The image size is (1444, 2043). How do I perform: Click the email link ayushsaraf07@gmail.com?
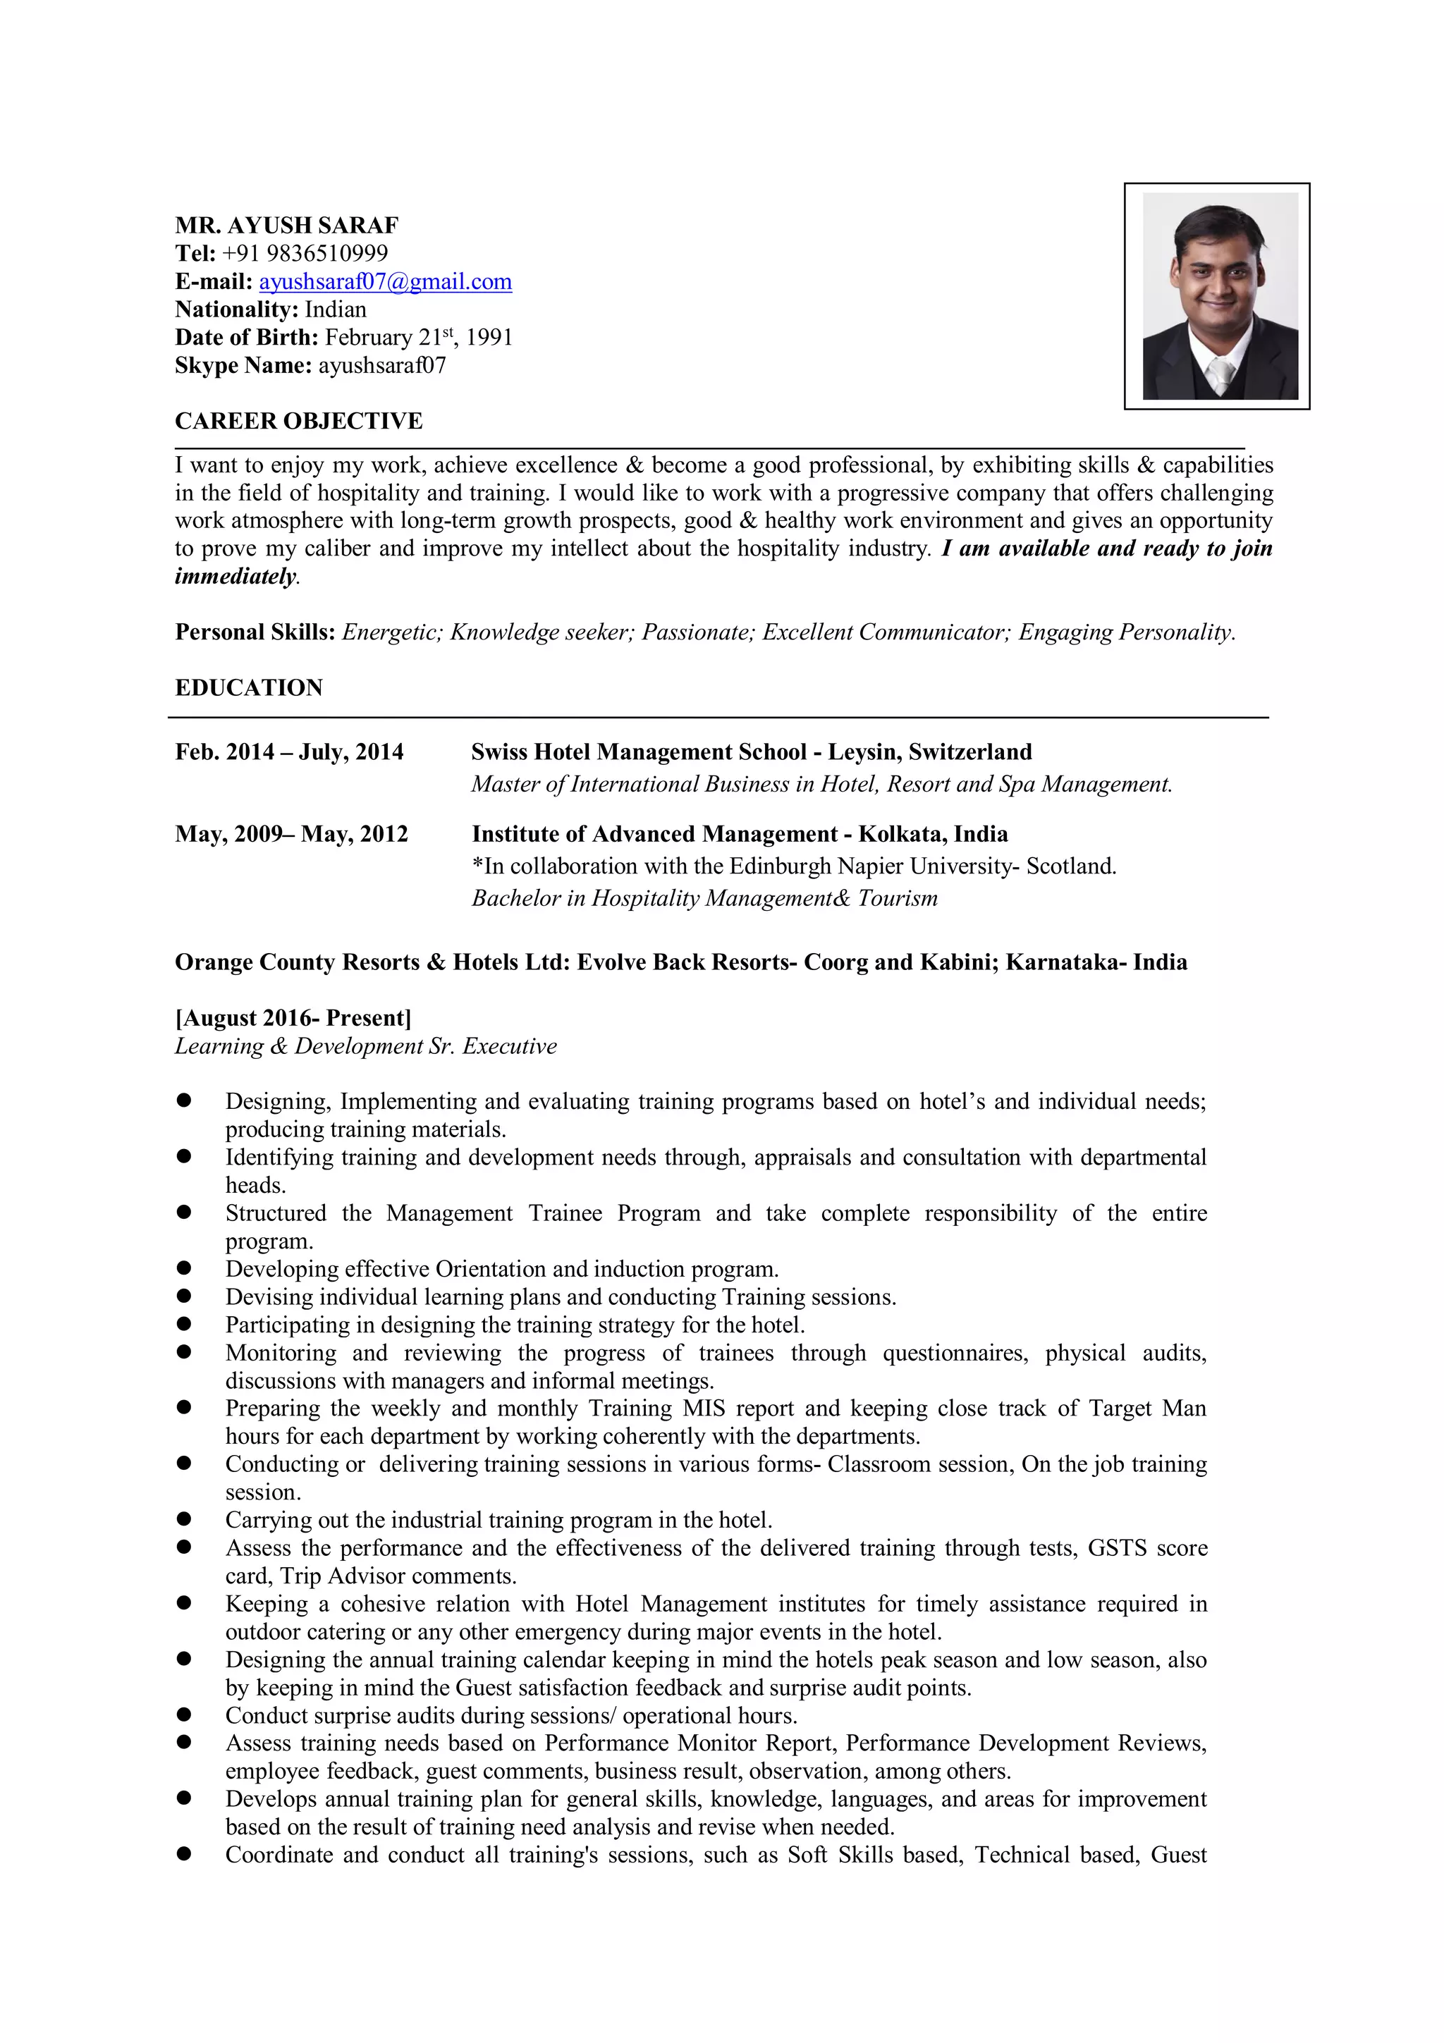384,282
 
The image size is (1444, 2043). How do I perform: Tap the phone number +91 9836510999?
305,254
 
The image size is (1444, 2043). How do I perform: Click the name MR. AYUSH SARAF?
286,225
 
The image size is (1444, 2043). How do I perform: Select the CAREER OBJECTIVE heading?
298,421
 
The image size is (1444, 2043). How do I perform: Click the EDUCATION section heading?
248,688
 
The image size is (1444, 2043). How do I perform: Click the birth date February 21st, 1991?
418,337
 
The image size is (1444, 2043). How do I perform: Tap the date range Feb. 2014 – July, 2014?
289,752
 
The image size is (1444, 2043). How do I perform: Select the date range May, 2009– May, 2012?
291,834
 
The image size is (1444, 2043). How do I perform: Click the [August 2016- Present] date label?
293,1018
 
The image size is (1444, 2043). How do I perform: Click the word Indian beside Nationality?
336,309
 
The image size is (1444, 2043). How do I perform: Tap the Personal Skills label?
255,632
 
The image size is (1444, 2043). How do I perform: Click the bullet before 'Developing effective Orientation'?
184,1269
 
